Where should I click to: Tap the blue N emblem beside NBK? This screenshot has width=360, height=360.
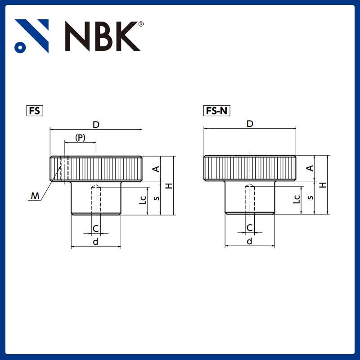point(31,36)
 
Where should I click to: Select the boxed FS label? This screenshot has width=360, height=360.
point(35,111)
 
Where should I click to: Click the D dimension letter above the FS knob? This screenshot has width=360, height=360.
point(96,124)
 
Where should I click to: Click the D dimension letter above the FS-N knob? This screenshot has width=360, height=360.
point(250,124)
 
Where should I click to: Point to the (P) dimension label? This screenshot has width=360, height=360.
point(80,138)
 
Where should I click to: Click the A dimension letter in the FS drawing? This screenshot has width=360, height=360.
point(156,169)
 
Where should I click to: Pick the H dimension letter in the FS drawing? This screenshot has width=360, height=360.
point(168,185)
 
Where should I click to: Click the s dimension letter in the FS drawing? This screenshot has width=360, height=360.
point(156,198)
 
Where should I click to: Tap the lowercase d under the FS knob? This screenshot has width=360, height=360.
point(95,242)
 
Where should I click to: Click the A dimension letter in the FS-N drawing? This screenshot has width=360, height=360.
point(310,168)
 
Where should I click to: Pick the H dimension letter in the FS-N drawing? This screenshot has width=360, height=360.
point(322,185)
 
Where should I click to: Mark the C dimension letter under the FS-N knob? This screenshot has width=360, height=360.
point(249,228)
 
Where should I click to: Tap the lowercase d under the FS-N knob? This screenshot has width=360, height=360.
point(249,242)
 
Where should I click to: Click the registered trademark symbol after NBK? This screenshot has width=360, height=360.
point(141,24)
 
